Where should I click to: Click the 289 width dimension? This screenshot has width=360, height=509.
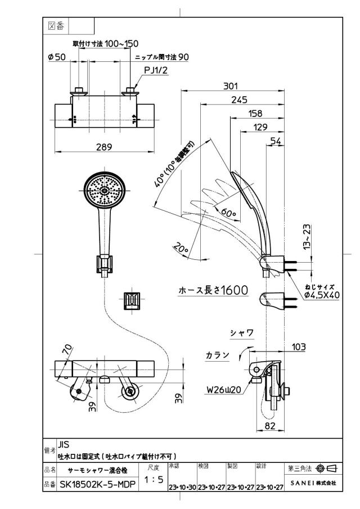[104, 147]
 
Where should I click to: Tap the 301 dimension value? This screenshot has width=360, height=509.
[231, 86]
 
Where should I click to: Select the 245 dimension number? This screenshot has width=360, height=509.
[239, 100]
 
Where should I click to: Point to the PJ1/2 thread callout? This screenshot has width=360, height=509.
[156, 70]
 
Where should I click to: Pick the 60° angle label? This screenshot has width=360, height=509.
[228, 213]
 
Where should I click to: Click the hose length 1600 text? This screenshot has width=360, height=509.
[213, 290]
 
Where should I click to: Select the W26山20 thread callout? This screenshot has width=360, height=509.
[224, 390]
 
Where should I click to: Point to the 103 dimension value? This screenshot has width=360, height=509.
[299, 347]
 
